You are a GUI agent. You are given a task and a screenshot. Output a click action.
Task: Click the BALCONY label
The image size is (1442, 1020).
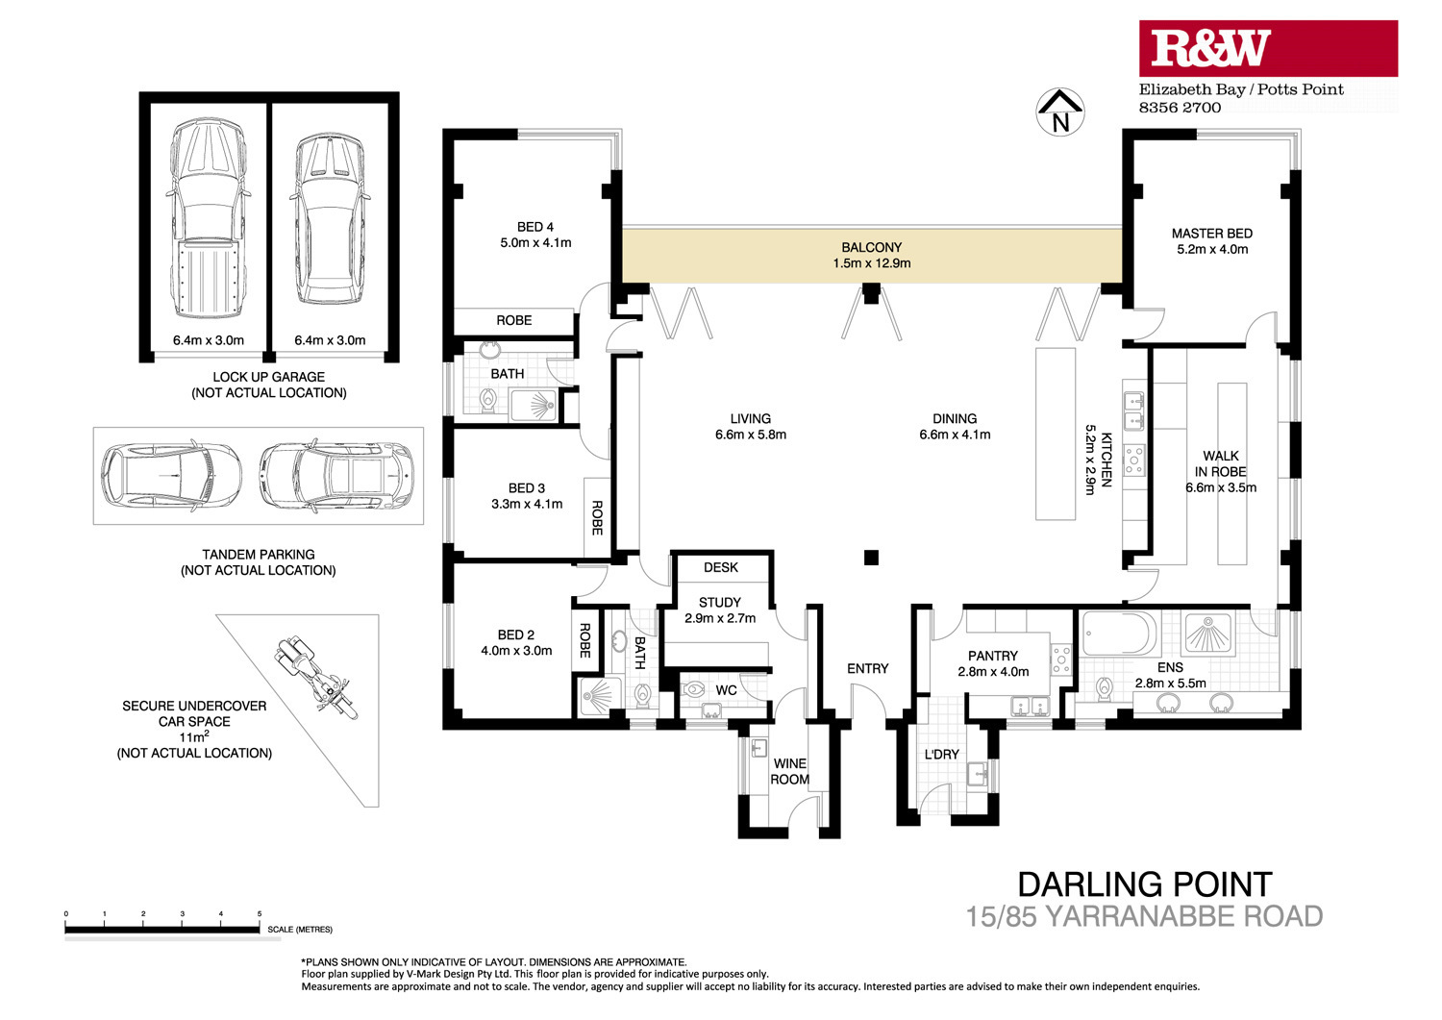(871, 247)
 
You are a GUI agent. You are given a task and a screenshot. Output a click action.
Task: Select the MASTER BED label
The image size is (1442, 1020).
(1211, 233)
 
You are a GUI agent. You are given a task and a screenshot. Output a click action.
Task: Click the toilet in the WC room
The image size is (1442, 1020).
(694, 689)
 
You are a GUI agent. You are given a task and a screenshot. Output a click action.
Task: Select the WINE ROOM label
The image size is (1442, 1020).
(789, 771)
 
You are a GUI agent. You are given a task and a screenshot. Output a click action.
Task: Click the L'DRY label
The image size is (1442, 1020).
(941, 754)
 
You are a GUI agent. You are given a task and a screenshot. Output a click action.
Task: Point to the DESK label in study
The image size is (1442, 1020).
(720, 567)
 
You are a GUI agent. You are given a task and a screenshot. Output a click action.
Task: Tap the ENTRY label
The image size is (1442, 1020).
(867, 668)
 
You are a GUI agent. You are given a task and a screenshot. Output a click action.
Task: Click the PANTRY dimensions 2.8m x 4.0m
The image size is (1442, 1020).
(993, 672)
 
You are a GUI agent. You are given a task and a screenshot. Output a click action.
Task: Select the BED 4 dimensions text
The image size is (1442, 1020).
(535, 243)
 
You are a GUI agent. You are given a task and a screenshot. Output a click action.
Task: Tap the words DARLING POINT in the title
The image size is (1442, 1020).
(1145, 884)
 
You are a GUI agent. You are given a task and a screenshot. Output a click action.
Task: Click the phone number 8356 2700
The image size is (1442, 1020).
(1180, 108)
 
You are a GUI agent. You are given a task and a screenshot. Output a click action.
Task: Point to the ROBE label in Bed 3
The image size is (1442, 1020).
(597, 518)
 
